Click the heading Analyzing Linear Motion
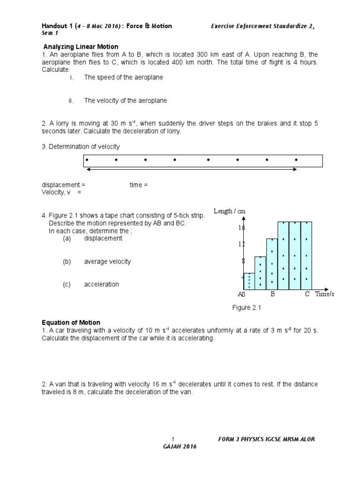81,47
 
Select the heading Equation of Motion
71,322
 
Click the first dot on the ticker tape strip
87,159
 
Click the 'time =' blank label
138,185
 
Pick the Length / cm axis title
230,211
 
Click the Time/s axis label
324,294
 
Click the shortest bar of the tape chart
249,281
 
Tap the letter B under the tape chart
272,294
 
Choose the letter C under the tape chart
307,294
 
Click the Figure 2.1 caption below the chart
246,307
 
